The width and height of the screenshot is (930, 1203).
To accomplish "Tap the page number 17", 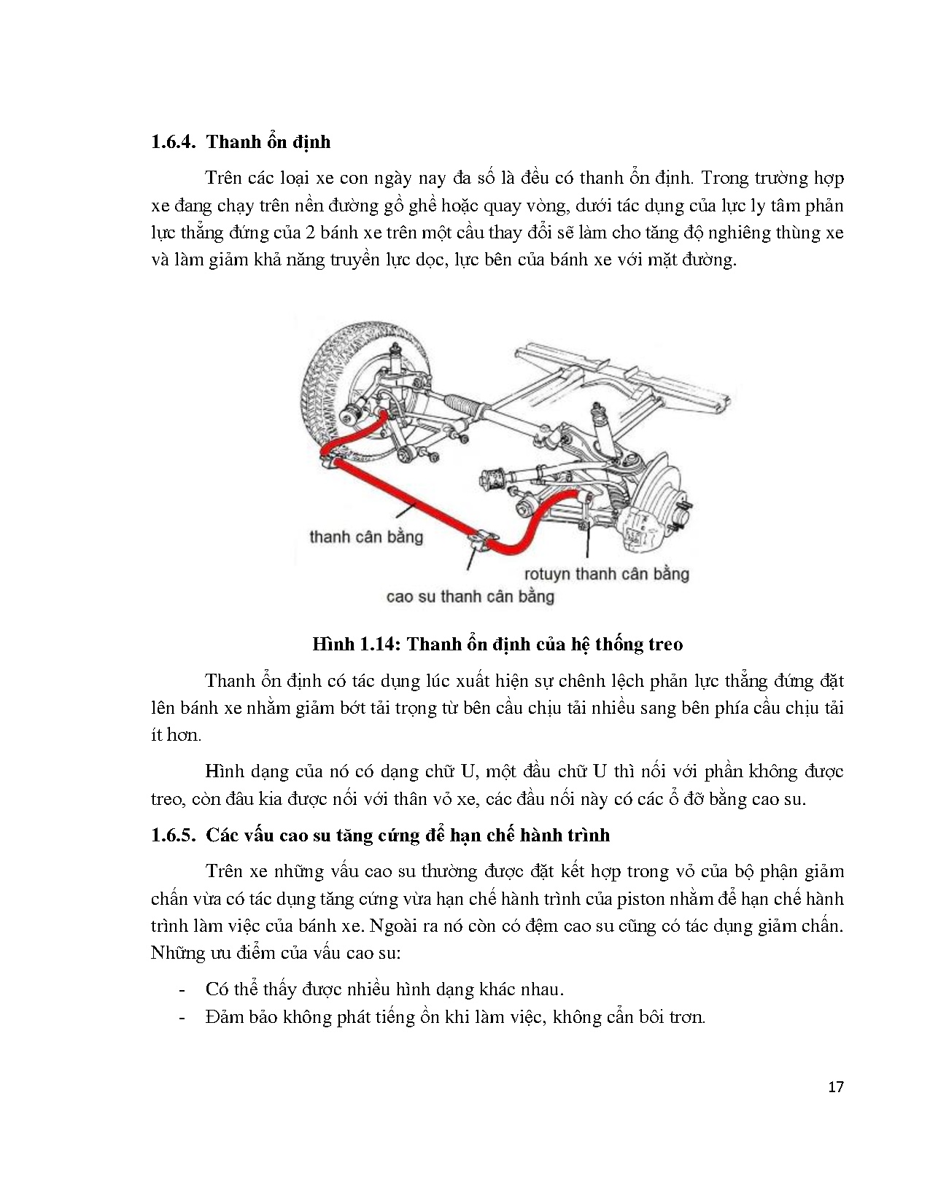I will (837, 1087).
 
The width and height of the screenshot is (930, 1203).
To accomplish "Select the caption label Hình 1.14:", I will (357, 644).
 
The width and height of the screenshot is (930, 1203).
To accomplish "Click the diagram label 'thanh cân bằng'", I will (366, 537).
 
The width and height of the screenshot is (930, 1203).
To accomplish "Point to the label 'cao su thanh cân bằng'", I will (470, 596).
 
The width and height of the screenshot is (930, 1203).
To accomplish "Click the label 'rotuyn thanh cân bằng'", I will (606, 574).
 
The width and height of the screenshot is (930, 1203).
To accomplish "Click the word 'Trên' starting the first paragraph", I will (223, 178).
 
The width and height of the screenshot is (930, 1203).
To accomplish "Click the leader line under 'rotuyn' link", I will (588, 543).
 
